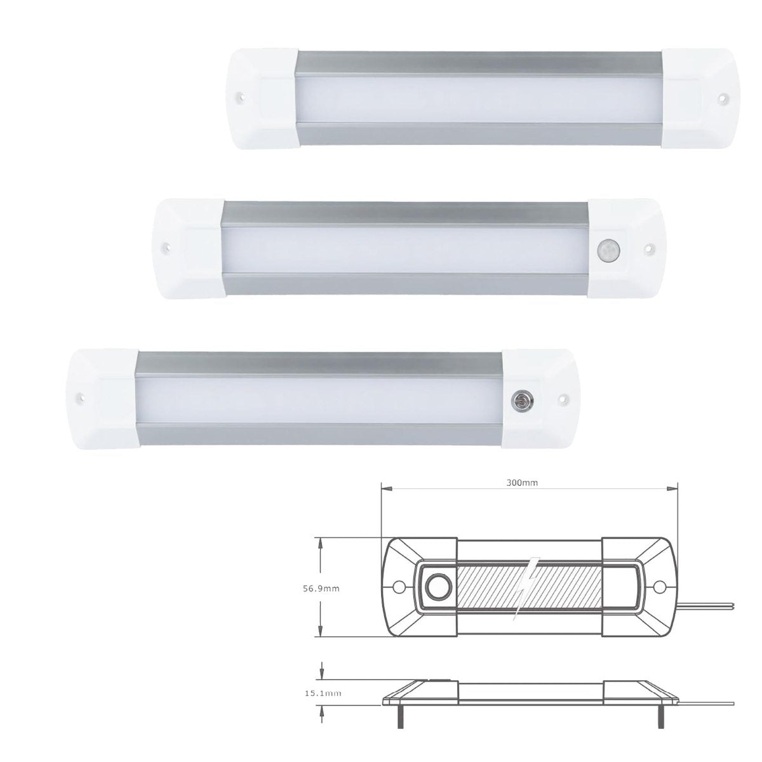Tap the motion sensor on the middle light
(607, 251)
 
